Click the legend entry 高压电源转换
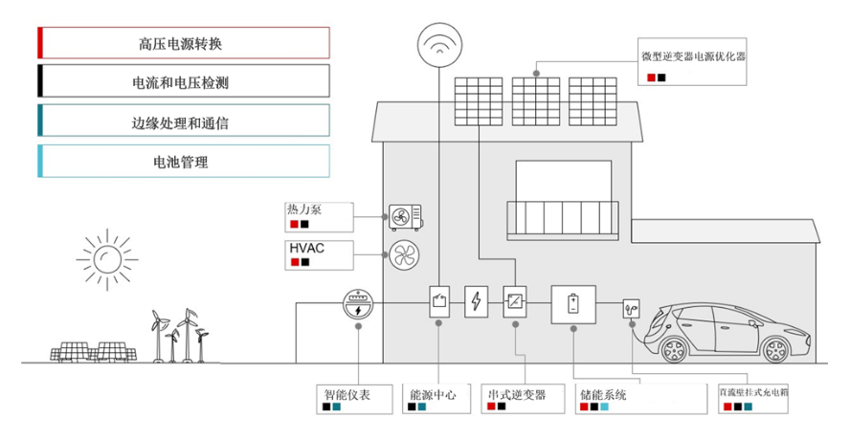point(182,43)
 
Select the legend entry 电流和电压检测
point(182,82)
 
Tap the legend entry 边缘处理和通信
point(182,122)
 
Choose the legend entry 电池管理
point(182,162)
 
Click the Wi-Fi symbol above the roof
point(437,44)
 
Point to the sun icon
point(104,255)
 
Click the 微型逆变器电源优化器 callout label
point(693,56)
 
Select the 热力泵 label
point(305,209)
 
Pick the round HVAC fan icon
point(403,254)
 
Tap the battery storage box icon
point(573,304)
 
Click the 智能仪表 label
point(347,393)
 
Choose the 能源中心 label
point(433,393)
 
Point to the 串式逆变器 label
point(517,393)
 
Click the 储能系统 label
point(604,393)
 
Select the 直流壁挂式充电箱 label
point(753,393)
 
